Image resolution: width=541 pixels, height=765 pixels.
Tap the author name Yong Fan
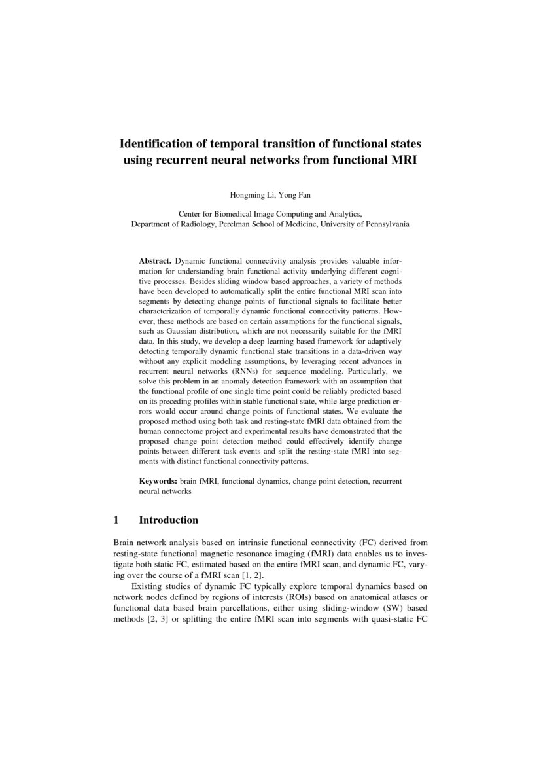tap(288, 194)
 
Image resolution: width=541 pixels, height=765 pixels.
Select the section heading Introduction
tap(168, 520)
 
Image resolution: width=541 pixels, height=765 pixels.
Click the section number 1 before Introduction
tap(116, 520)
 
